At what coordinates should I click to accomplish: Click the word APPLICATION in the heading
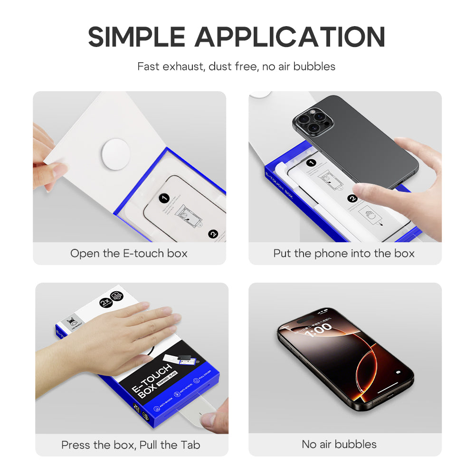point(290,37)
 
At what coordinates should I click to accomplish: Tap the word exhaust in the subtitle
point(183,66)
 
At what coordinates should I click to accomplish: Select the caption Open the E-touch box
point(129,253)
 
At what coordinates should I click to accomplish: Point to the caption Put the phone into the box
point(344,253)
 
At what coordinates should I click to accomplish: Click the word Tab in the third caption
point(190,445)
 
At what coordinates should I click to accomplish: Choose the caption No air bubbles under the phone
point(339,444)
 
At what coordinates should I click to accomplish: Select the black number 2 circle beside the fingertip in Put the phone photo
point(352,199)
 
